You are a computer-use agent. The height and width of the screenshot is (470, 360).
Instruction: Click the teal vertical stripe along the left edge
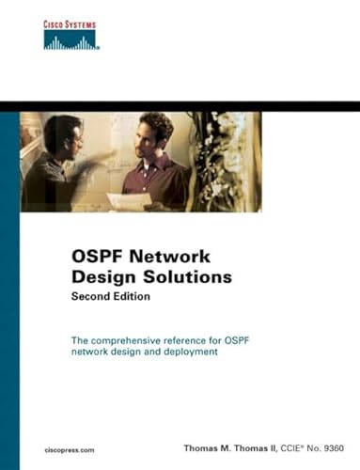tap(8, 282)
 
